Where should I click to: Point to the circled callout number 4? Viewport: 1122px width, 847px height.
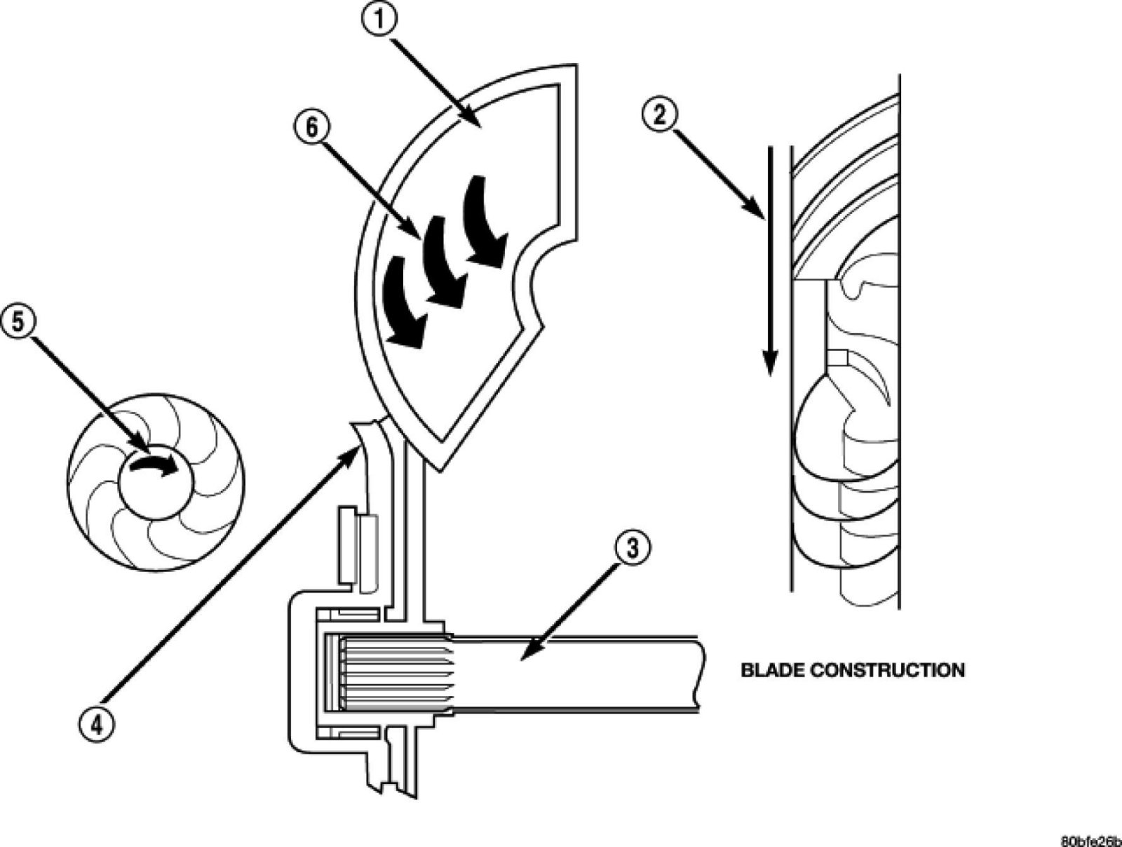[x=96, y=723]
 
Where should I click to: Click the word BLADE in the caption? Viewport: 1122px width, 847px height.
[x=771, y=670]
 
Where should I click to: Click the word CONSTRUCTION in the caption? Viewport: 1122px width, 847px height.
[x=887, y=670]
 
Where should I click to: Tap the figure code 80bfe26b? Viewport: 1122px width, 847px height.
[x=1090, y=841]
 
